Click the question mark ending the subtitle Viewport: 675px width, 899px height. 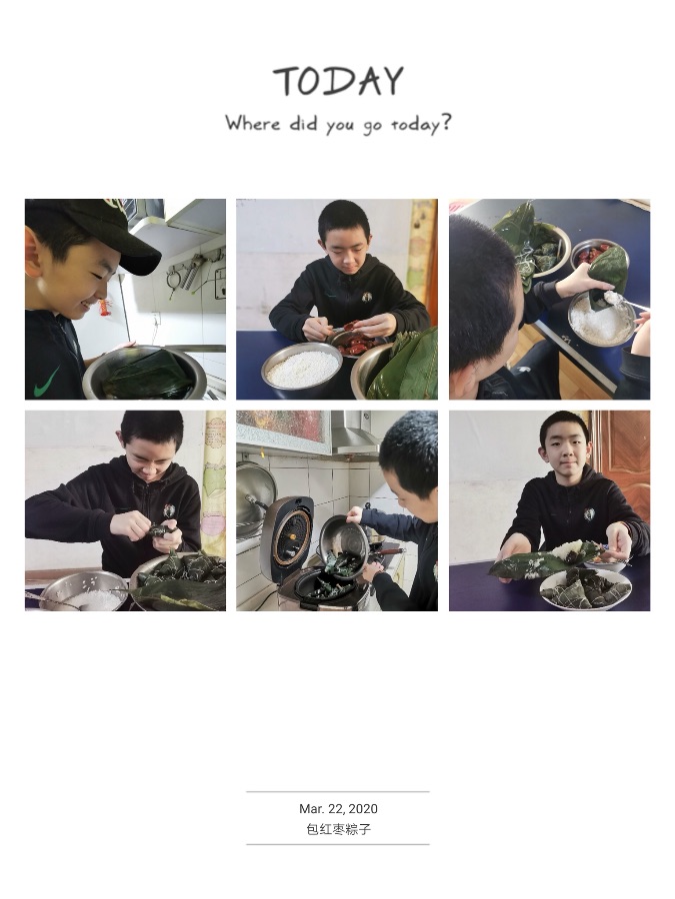445,122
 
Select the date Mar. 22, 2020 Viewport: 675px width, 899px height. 338,808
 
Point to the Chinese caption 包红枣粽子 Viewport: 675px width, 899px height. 338,829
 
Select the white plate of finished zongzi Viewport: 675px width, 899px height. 584,589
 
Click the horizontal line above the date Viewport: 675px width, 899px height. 338,792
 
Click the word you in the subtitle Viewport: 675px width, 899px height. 340,126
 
